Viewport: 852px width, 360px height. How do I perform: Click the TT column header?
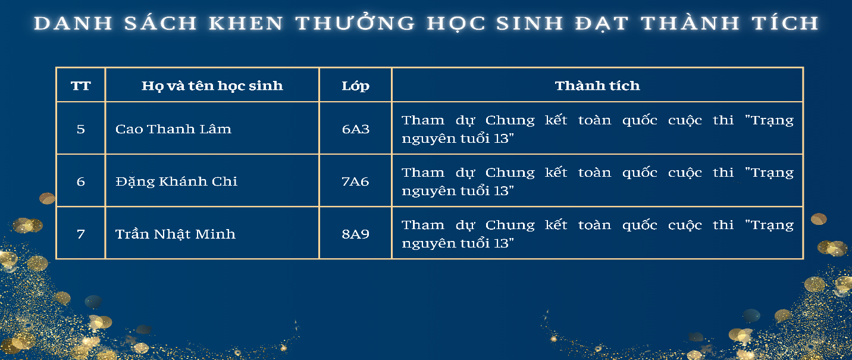tap(81, 86)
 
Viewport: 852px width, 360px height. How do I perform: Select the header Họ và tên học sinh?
tap(212, 86)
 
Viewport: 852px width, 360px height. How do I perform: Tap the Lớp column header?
tap(355, 86)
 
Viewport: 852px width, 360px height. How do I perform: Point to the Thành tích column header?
tap(597, 86)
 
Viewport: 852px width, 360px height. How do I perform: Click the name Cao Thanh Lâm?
tap(173, 129)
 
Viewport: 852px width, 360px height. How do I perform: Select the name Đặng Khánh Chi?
tap(177, 181)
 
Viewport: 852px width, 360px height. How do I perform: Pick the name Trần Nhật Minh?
tap(176, 234)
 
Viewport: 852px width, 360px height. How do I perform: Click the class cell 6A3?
tap(356, 129)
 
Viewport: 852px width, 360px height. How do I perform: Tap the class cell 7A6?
tap(355, 181)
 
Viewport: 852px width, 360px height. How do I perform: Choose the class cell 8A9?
tap(355, 234)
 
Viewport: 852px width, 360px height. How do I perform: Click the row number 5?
tap(81, 129)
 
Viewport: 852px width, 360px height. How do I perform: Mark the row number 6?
tap(81, 181)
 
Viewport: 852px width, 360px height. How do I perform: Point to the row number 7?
tap(81, 234)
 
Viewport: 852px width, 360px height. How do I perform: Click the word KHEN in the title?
tap(246, 23)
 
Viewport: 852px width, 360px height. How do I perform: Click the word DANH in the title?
tap(73, 23)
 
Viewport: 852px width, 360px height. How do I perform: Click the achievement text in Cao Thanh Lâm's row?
tap(597, 129)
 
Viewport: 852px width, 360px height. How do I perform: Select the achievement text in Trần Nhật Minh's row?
tap(597, 234)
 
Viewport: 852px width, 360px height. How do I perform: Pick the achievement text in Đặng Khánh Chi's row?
tap(597, 181)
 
